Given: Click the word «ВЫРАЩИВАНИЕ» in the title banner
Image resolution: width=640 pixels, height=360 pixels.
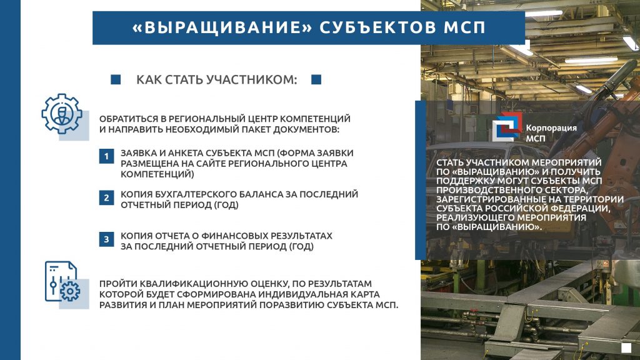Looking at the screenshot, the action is pyautogui.click(x=222, y=27).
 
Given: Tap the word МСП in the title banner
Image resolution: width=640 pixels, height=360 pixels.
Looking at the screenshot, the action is pyautogui.click(x=464, y=27).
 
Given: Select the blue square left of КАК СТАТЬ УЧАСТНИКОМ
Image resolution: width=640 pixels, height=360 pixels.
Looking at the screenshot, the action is pyautogui.click(x=116, y=79).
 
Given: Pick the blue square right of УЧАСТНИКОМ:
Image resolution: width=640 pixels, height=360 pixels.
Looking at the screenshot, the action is pyautogui.click(x=316, y=79).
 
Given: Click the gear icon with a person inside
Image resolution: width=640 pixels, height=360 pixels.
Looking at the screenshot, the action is pyautogui.click(x=62, y=114).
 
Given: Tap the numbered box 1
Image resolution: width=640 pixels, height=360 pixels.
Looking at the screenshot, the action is pyautogui.click(x=106, y=156).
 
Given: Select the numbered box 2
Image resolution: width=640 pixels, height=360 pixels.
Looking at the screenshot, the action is pyautogui.click(x=106, y=198).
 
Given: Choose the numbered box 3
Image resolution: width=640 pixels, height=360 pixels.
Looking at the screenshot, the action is pyautogui.click(x=106, y=239).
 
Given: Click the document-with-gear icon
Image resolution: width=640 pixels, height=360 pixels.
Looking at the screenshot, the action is pyautogui.click(x=62, y=282).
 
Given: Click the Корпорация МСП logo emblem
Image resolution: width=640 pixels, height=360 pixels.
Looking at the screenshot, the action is pyautogui.click(x=507, y=127).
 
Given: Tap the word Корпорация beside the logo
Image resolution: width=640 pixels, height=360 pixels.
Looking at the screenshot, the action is pyautogui.click(x=551, y=128).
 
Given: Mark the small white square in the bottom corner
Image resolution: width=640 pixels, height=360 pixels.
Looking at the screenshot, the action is pyautogui.click(x=626, y=347).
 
